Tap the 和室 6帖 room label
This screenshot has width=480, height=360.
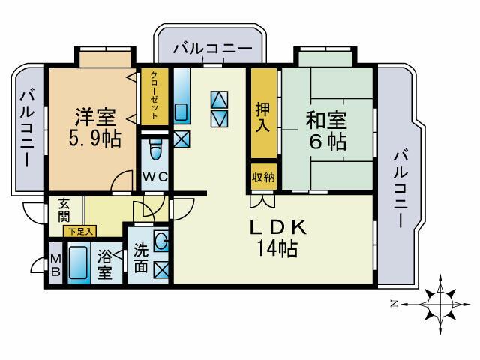click(325, 129)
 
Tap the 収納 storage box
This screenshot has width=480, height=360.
click(262, 178)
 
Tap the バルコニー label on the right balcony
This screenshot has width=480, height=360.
click(400, 187)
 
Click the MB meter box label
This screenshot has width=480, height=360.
click(55, 265)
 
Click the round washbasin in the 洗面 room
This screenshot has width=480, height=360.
click(161, 241)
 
